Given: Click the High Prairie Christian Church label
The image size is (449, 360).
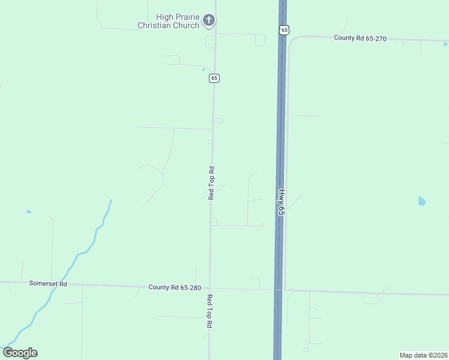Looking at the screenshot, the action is (169, 21).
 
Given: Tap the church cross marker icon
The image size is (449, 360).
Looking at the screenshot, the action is (209, 20).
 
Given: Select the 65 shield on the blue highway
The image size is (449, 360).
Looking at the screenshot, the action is (284, 29).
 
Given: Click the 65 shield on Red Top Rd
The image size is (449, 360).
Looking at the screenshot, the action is (214, 78).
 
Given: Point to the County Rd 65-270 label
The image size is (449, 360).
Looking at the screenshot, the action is (360, 38).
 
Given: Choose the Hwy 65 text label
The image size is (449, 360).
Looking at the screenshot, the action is (281, 203).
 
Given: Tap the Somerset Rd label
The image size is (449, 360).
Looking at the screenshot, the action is (47, 283).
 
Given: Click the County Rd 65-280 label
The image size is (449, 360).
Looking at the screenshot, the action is (175, 287).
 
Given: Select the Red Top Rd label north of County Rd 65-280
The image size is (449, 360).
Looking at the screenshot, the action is (211, 183).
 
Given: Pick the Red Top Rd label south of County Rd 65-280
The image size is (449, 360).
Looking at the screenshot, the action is (210, 311).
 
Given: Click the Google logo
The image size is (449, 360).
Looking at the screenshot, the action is (20, 353).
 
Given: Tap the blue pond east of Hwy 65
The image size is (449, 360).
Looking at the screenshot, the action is (421, 201).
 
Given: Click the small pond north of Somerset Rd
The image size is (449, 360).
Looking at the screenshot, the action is (28, 211).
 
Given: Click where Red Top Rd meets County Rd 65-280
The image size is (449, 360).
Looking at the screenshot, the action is (209, 288).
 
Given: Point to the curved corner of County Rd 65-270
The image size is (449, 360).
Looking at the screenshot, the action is (291, 41).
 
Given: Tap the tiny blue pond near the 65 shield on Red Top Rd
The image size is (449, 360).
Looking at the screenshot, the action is (203, 70).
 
